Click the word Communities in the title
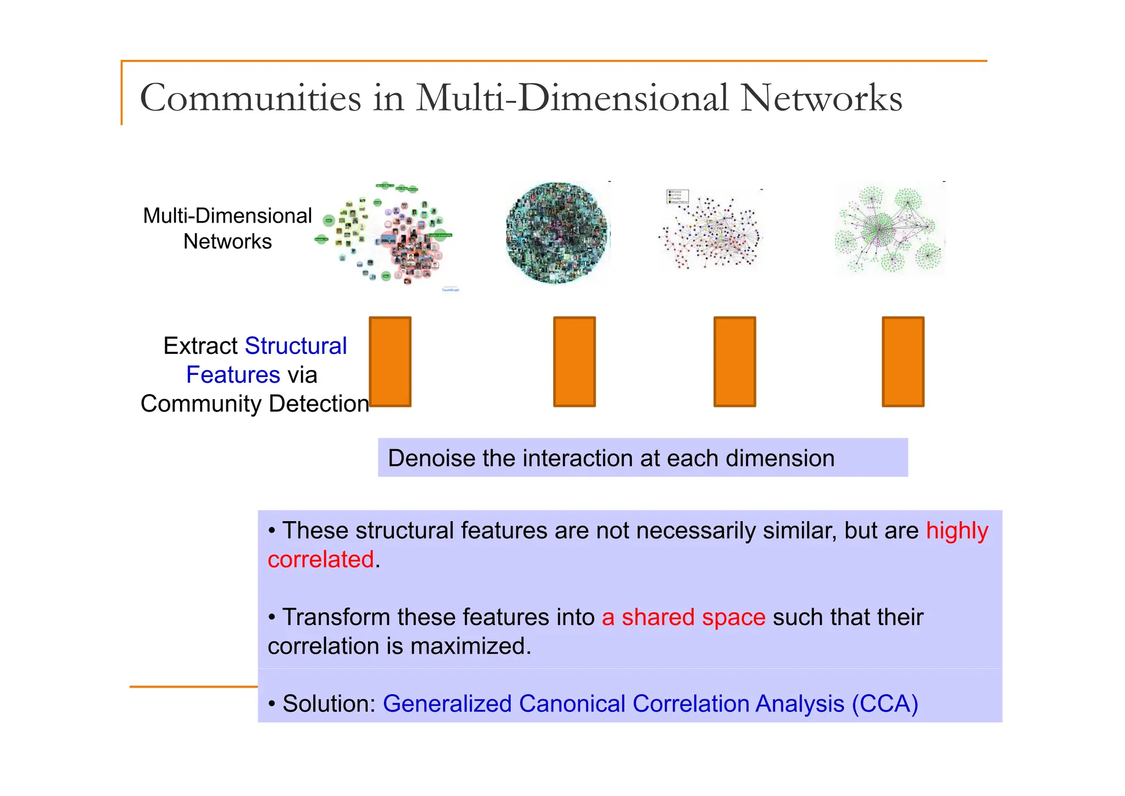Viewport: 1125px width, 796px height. click(250, 98)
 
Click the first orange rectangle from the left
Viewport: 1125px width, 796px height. click(390, 362)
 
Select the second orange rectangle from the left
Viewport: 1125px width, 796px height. click(574, 362)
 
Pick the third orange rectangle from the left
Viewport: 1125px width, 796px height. click(734, 362)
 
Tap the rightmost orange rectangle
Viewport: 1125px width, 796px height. click(903, 362)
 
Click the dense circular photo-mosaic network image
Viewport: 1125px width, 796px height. click(557, 233)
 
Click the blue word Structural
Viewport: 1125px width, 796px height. click(296, 346)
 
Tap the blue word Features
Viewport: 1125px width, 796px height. click(233, 375)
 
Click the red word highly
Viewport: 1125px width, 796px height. click(957, 531)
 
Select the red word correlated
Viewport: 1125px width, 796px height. click(321, 560)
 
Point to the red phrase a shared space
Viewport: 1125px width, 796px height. click(683, 617)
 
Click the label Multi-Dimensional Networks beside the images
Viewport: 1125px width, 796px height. click(227, 229)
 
